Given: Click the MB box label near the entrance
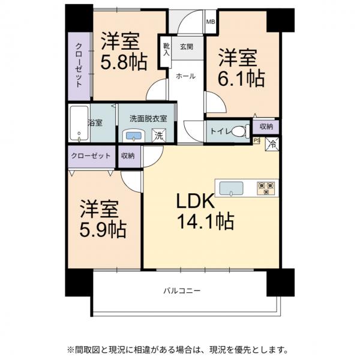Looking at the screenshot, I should coord(211,22).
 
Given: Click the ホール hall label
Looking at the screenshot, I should coord(185,76).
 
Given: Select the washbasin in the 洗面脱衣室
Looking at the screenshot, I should coord(133,136).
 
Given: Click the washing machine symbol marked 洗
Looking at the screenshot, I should coord(159,136).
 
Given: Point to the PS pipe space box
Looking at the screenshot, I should coord(257,142).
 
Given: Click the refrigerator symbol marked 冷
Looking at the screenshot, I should coord(272,143).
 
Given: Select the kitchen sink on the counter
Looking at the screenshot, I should coord(231,188).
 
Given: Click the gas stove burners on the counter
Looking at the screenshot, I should coord(265,188).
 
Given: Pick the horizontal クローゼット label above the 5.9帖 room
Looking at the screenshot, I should coord(91,155).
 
